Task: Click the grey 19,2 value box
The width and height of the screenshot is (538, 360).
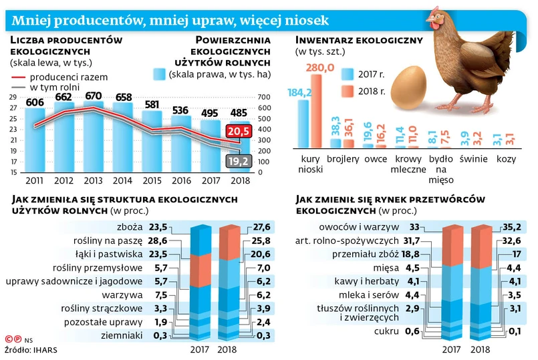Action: (237, 160)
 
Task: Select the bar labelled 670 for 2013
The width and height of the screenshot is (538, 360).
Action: (93, 134)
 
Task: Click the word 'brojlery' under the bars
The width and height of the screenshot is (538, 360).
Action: (343, 160)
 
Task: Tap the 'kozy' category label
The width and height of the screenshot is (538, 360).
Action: (507, 160)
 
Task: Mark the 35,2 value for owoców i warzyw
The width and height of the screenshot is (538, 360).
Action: (511, 227)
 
